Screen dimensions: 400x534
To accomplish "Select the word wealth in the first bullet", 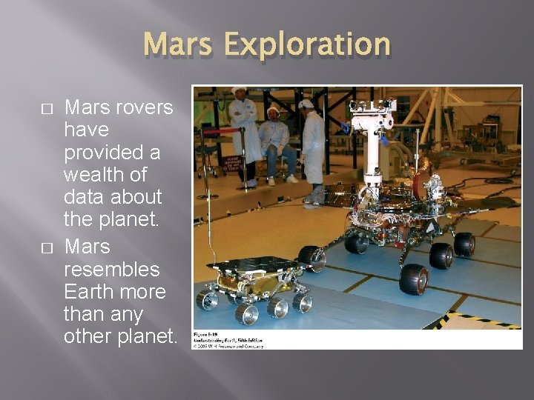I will pyautogui.click(x=93, y=175).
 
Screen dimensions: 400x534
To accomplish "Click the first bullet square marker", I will pyautogui.click(x=47, y=108).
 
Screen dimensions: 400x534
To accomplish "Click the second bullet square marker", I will pyautogui.click(x=47, y=247).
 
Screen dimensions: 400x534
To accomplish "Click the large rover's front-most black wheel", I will pyautogui.click(x=414, y=279).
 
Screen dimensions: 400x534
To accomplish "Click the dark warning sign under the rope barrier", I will pyautogui.click(x=231, y=163).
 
